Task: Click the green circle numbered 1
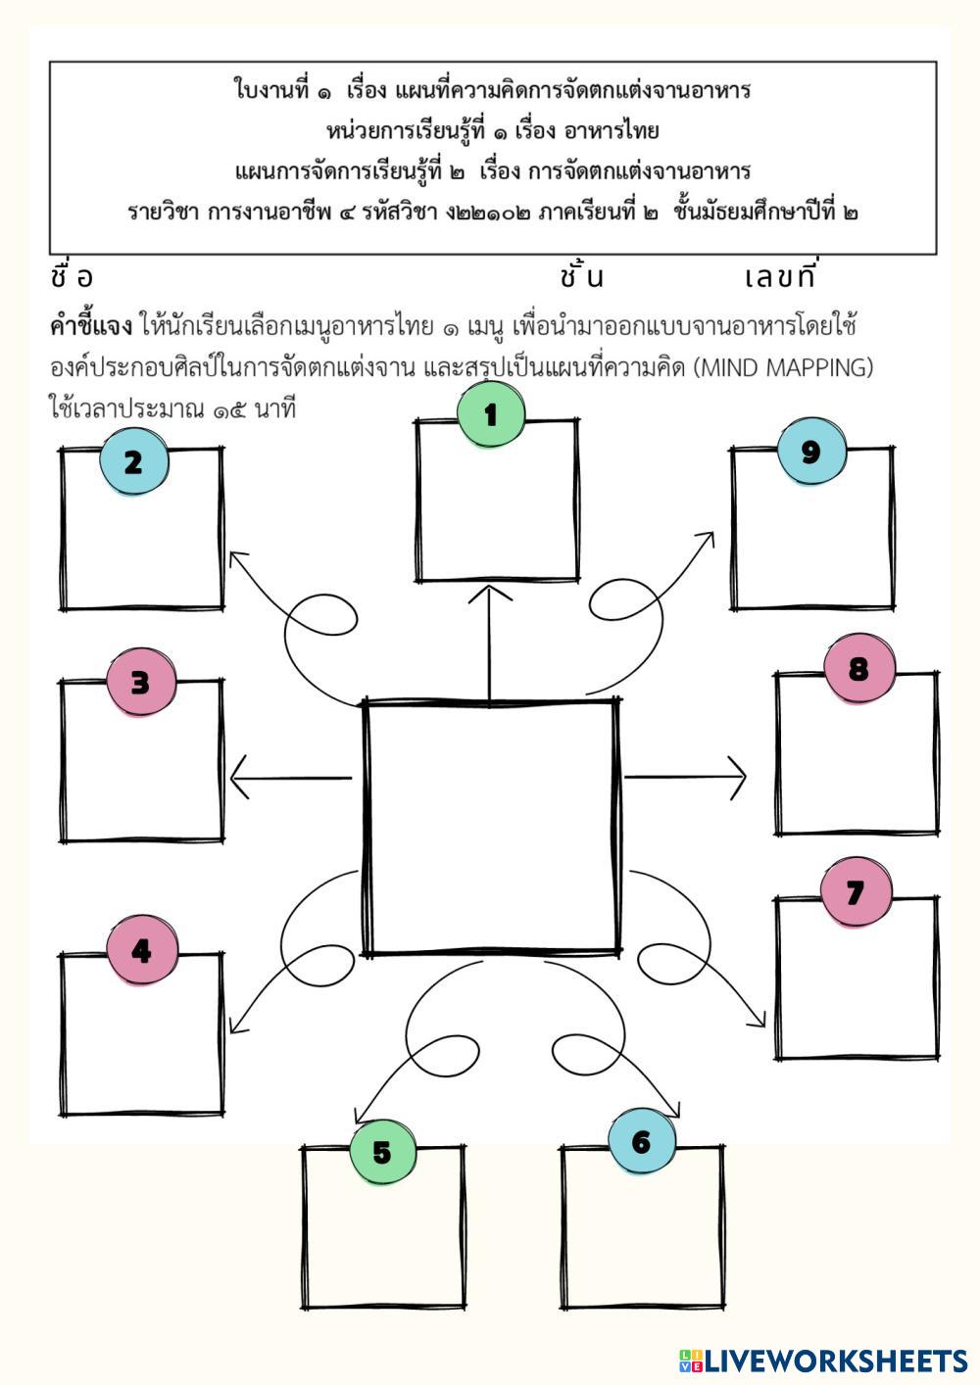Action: point(491,414)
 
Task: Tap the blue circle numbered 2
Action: point(133,462)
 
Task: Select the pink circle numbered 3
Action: point(141,682)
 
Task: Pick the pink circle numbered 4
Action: point(142,950)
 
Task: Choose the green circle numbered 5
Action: point(382,1152)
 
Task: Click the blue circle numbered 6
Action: point(642,1142)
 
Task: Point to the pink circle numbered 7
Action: point(856,892)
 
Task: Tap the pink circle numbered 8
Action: point(858,669)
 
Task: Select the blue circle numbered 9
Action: point(810,452)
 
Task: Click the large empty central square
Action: point(491,828)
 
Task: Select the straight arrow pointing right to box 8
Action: point(685,778)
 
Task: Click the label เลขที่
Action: point(780,277)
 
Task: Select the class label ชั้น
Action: point(582,277)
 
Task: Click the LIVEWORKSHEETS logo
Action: point(823,1361)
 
